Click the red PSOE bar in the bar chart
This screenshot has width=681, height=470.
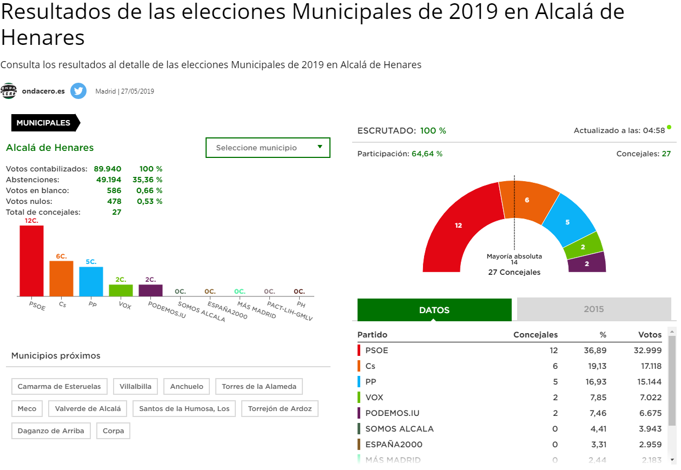click(31, 261)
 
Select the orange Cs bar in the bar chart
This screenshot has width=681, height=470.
click(61, 279)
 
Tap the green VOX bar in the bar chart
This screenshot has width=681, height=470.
click(121, 290)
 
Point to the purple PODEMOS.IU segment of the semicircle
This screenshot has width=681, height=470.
click(587, 263)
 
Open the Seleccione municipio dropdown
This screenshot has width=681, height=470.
click(268, 148)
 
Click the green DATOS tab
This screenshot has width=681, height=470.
click(434, 310)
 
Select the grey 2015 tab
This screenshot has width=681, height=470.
click(593, 310)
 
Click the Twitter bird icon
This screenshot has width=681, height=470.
click(78, 91)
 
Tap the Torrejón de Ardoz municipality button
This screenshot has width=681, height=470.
click(280, 409)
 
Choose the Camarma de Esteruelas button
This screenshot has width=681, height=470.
click(59, 387)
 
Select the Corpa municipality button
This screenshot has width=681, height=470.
click(113, 431)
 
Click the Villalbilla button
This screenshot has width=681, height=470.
click(136, 387)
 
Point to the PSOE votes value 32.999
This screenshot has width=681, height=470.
click(647, 350)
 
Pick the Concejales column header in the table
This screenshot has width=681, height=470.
click(535, 335)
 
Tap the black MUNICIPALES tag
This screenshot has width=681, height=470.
click(44, 123)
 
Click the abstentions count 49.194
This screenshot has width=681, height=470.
click(108, 180)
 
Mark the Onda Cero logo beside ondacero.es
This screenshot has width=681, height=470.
click(9, 91)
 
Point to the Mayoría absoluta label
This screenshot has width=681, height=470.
click(514, 256)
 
